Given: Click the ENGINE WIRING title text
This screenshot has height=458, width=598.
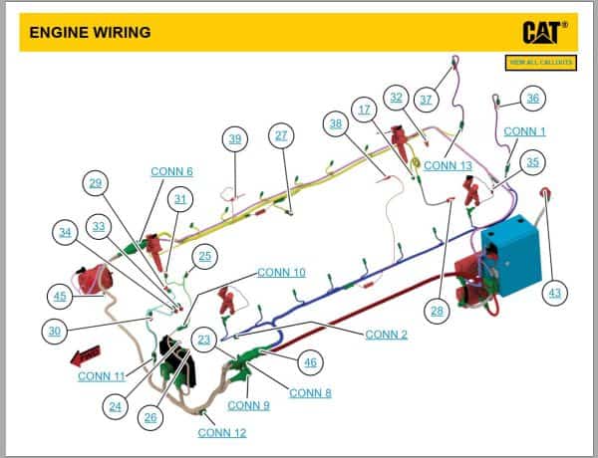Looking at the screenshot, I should coord(90,32).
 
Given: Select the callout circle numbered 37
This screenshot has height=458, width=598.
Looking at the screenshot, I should coord(427,99).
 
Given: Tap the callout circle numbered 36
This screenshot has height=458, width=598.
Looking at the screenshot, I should coord(533,98).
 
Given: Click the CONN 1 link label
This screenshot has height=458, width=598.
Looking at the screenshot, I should coord(524,131).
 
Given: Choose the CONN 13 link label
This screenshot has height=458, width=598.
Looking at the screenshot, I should coord(448,165).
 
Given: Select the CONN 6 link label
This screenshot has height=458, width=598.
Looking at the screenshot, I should coord(171,171).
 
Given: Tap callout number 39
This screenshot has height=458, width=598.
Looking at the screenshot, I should coord(235,138).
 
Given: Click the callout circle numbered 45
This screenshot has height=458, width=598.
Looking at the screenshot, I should coord(60,295).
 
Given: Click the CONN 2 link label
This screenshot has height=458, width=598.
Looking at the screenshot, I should coord(386,335).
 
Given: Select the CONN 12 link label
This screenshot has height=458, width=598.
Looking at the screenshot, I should coord(221,432).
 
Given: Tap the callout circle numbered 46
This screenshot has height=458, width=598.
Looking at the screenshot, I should coord(310,362).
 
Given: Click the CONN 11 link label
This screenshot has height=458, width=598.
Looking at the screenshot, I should coord(101,375).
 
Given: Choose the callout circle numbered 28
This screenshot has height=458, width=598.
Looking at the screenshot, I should coord(437,312).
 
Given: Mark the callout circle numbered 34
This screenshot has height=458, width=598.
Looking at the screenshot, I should coord(65,232).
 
